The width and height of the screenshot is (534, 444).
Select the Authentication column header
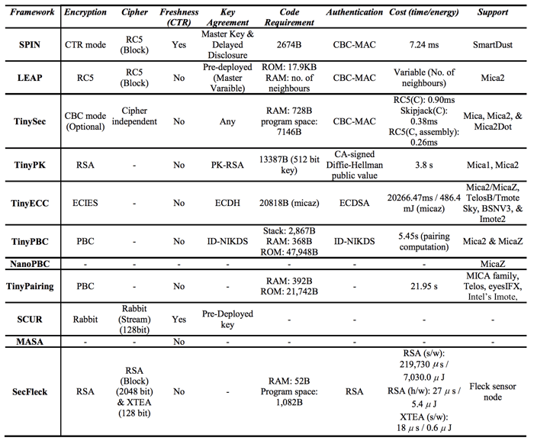pyautogui.click(x=353, y=14)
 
